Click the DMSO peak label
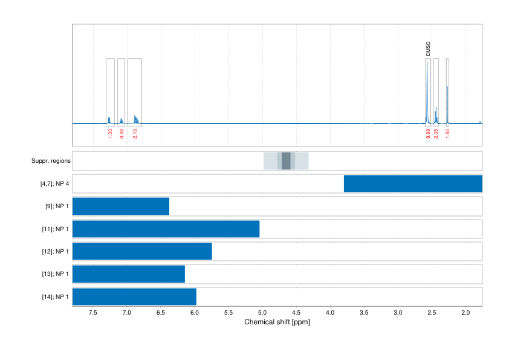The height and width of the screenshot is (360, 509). pos(428,49)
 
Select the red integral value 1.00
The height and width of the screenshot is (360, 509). pos(110,133)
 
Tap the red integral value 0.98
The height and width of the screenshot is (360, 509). pos(122,133)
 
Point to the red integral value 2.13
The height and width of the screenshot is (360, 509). pos(135,133)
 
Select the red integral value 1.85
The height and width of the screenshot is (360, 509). pos(447,133)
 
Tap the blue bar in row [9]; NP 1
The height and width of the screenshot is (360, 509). pos(121,206)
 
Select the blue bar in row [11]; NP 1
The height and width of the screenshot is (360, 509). pos(166,229)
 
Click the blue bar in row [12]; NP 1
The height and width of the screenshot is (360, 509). pos(142,251)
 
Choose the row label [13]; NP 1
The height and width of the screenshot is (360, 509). pos(53,274)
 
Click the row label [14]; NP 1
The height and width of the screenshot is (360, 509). pos(53,296)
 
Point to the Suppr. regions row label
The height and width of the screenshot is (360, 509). pos(51,162)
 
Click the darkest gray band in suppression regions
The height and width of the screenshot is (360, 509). pos(286,161)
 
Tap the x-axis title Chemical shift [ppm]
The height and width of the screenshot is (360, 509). pos(277,322)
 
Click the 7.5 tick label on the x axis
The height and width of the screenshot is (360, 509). pos(93,313)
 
